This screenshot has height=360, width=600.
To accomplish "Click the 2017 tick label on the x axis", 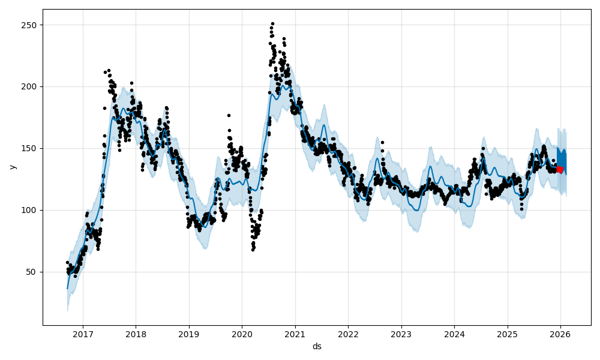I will click(x=82, y=334).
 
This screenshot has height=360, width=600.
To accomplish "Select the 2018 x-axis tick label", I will click(x=136, y=334).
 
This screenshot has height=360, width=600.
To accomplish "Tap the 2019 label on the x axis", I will click(x=188, y=334).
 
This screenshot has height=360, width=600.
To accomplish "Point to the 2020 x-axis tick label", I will click(x=242, y=334).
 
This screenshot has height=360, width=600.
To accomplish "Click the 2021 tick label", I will click(x=295, y=334).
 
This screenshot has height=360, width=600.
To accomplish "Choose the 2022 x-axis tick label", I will click(x=348, y=334).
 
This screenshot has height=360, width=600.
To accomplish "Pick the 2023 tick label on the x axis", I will click(x=401, y=334).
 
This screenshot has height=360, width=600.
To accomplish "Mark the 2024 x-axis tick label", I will click(x=454, y=334).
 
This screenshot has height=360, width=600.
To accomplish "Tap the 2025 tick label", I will click(x=507, y=334).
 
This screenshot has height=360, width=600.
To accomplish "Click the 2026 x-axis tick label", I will click(x=560, y=334).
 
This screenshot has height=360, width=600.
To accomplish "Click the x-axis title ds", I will click(x=317, y=346).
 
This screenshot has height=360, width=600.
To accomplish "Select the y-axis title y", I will click(x=11, y=167).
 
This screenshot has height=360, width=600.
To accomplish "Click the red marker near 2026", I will click(x=559, y=169).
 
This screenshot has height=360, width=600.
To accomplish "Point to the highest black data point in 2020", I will click(x=272, y=23).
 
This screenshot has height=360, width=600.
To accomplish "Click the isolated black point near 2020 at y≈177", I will click(x=229, y=115).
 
